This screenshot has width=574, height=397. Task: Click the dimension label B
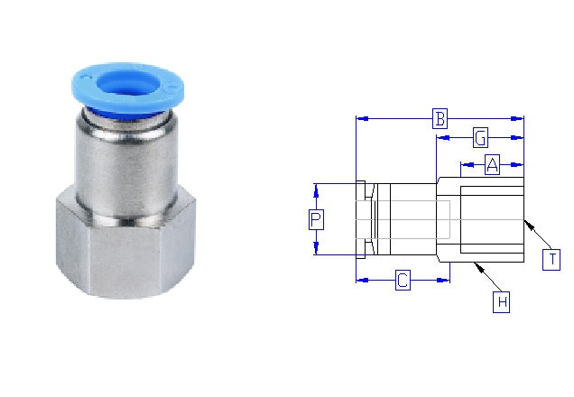tap(440, 118)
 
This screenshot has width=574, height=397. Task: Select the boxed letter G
tap(481, 138)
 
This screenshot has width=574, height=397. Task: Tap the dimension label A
tap(492, 164)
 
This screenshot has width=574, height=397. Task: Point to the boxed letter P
tap(316, 219)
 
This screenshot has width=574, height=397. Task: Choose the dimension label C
tap(403, 281)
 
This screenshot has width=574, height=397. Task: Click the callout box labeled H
tap(502, 301)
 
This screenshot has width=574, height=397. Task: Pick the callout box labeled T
tap(551, 260)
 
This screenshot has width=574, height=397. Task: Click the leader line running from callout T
tap(538, 237)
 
